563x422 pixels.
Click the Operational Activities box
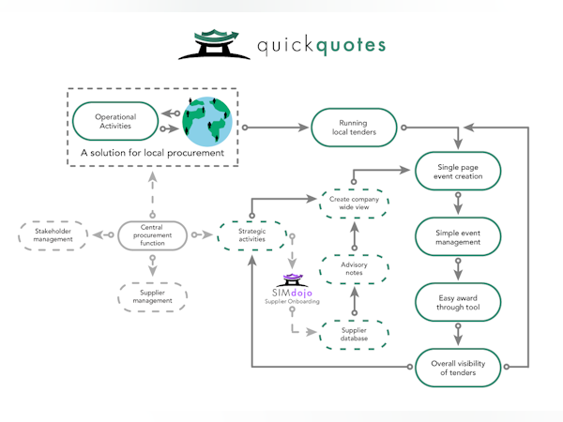tap(116, 121)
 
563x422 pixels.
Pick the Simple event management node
tap(459, 236)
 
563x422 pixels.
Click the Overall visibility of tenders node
tap(459, 367)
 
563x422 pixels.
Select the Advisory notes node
tap(353, 269)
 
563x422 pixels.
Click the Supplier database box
tap(353, 335)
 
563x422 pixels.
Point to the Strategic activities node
tap(251, 236)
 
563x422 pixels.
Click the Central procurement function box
tap(152, 236)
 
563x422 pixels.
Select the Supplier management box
tap(152, 296)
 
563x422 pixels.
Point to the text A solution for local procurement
tap(152, 152)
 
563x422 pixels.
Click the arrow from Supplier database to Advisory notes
tap(353, 303)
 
